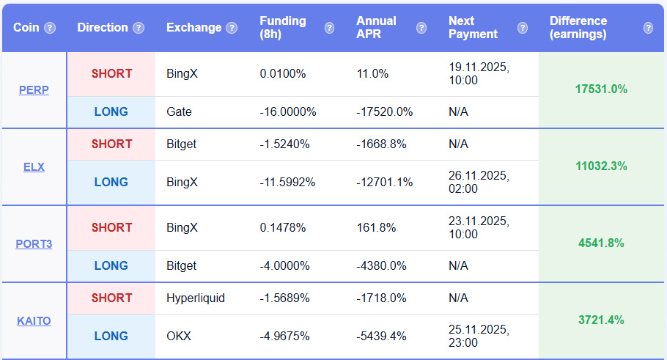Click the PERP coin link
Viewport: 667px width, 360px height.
pyautogui.click(x=34, y=90)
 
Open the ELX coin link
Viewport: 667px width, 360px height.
pyautogui.click(x=34, y=166)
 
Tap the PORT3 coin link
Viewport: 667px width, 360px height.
pyautogui.click(x=34, y=243)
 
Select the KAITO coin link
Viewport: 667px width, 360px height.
pyautogui.click(x=34, y=320)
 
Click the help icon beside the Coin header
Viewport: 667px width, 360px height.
pyautogui.click(x=50, y=28)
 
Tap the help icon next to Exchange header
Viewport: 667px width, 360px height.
pyautogui.click(x=232, y=28)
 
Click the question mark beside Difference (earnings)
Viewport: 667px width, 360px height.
pyautogui.click(x=648, y=28)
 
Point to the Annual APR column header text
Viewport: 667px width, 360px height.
pyautogui.click(x=376, y=27)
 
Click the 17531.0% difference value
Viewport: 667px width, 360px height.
pyautogui.click(x=601, y=89)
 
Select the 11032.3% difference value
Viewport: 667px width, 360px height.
pyautogui.click(x=601, y=166)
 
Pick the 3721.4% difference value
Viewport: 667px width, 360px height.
pyautogui.click(x=601, y=320)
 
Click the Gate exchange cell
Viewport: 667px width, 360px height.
pyautogui.click(x=179, y=112)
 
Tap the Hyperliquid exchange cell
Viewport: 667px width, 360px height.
pyautogui.click(x=196, y=298)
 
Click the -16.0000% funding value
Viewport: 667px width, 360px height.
pyautogui.click(x=287, y=112)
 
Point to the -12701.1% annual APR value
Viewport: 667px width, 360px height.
pyautogui.click(x=384, y=182)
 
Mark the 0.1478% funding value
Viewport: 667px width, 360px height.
pyautogui.click(x=283, y=227)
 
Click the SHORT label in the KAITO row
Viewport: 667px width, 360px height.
pyautogui.click(x=111, y=298)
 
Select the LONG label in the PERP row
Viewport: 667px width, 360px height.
pyautogui.click(x=111, y=112)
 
